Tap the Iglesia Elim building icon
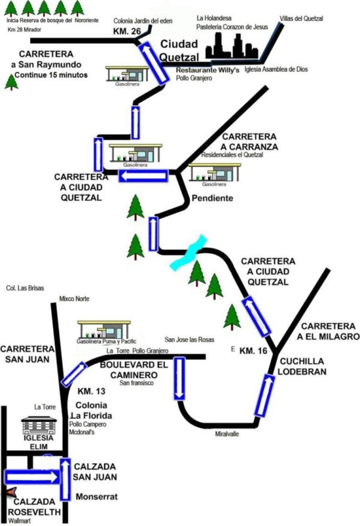pos(38,425)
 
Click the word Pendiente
pos(211,198)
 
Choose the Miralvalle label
pos(227,435)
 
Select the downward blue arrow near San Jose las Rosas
pos(179,378)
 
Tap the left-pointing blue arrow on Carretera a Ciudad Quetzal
pos(143,176)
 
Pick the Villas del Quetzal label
pos(303,19)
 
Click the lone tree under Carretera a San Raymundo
pos(11,82)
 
